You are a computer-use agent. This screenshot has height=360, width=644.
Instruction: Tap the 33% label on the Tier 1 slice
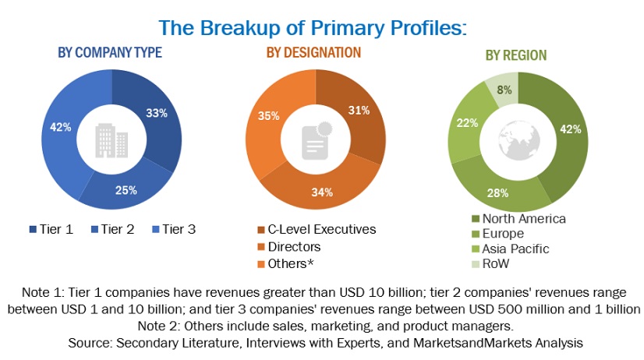(x=156, y=113)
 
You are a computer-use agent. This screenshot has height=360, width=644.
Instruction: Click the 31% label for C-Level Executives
(x=358, y=110)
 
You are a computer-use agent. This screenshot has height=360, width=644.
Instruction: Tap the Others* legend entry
(x=288, y=263)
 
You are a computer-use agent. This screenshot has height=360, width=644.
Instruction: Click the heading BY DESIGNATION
(x=314, y=52)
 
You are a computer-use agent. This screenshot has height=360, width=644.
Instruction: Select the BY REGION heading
(x=516, y=55)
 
